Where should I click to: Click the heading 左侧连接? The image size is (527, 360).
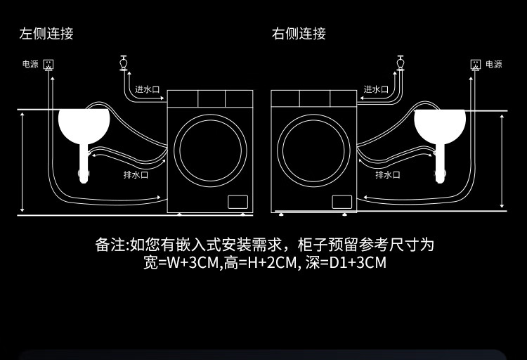pyautogui.click(x=46, y=33)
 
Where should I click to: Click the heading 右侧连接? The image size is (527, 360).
pyautogui.click(x=299, y=33)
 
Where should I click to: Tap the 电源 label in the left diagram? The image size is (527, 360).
pyautogui.click(x=30, y=64)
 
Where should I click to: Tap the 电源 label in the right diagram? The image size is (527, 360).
pyautogui.click(x=494, y=64)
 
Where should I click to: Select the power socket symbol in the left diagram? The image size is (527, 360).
pyautogui.click(x=48, y=65)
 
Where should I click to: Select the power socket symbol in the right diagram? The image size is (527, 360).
pyautogui.click(x=476, y=65)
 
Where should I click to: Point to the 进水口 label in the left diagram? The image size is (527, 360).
pyautogui.click(x=148, y=89)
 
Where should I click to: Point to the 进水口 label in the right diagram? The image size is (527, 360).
pyautogui.click(x=376, y=89)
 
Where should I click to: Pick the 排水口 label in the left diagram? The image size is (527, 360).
pyautogui.click(x=136, y=174)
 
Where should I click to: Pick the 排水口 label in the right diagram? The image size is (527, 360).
pyautogui.click(x=388, y=174)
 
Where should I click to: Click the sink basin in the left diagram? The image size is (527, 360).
pyautogui.click(x=84, y=124)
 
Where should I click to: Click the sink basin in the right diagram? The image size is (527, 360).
pyautogui.click(x=440, y=124)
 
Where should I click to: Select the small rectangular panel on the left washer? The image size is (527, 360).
pyautogui.click(x=237, y=202)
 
